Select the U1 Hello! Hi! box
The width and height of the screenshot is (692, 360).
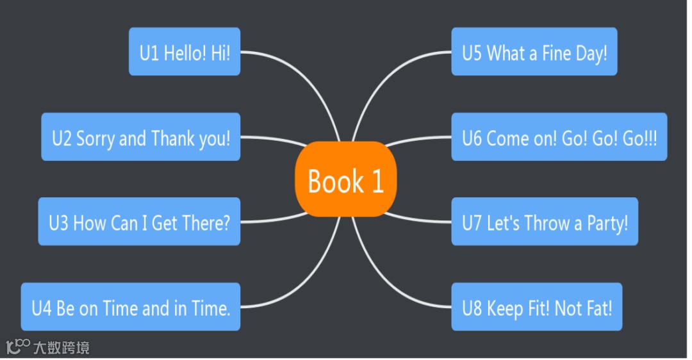point(185,52)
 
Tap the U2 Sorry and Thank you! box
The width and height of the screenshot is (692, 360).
point(141,137)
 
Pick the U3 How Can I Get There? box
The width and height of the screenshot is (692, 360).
point(139,222)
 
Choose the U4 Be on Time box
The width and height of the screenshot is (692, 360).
point(131,307)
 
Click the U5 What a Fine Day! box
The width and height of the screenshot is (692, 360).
point(534,52)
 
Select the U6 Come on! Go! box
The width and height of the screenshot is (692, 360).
point(559,137)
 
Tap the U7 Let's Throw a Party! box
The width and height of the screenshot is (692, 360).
point(545,222)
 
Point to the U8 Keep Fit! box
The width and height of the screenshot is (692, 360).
point(537,307)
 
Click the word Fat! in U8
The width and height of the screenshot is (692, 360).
point(598,308)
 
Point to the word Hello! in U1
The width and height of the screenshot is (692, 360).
point(185,53)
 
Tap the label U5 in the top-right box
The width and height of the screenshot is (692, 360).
point(472,53)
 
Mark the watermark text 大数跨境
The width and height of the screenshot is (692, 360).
point(62,348)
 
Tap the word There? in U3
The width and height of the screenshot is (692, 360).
point(206,223)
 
